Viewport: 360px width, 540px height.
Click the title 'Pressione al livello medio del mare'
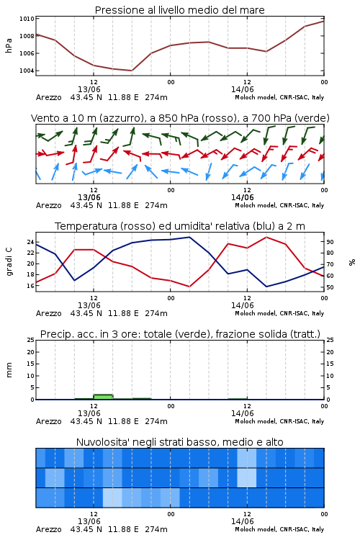pos(179,10)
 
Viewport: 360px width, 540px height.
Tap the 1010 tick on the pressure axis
pos(27,19)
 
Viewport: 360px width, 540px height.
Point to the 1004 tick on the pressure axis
pos(27,71)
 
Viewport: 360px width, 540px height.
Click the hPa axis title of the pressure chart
pos(9,45)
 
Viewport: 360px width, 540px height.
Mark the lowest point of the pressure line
pos(132,71)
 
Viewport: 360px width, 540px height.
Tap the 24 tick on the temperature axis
pos(30,242)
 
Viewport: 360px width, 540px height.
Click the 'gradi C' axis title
pos(9,261)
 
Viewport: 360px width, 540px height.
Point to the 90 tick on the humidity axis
pos(330,242)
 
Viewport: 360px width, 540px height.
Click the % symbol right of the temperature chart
pos(352,262)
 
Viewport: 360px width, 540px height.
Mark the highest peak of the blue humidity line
pos(189,237)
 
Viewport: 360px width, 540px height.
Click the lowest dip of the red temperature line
pos(189,287)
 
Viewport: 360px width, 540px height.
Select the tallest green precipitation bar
pos(103,397)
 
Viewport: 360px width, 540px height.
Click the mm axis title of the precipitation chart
pos(9,370)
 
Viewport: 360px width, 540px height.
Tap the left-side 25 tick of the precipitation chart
pos(30,340)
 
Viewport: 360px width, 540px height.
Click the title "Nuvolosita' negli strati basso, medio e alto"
pos(179,442)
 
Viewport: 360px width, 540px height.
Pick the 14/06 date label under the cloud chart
pos(242,521)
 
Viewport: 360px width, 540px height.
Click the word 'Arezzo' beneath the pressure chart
pos(48,97)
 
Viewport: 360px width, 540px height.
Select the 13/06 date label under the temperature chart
pos(89,305)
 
